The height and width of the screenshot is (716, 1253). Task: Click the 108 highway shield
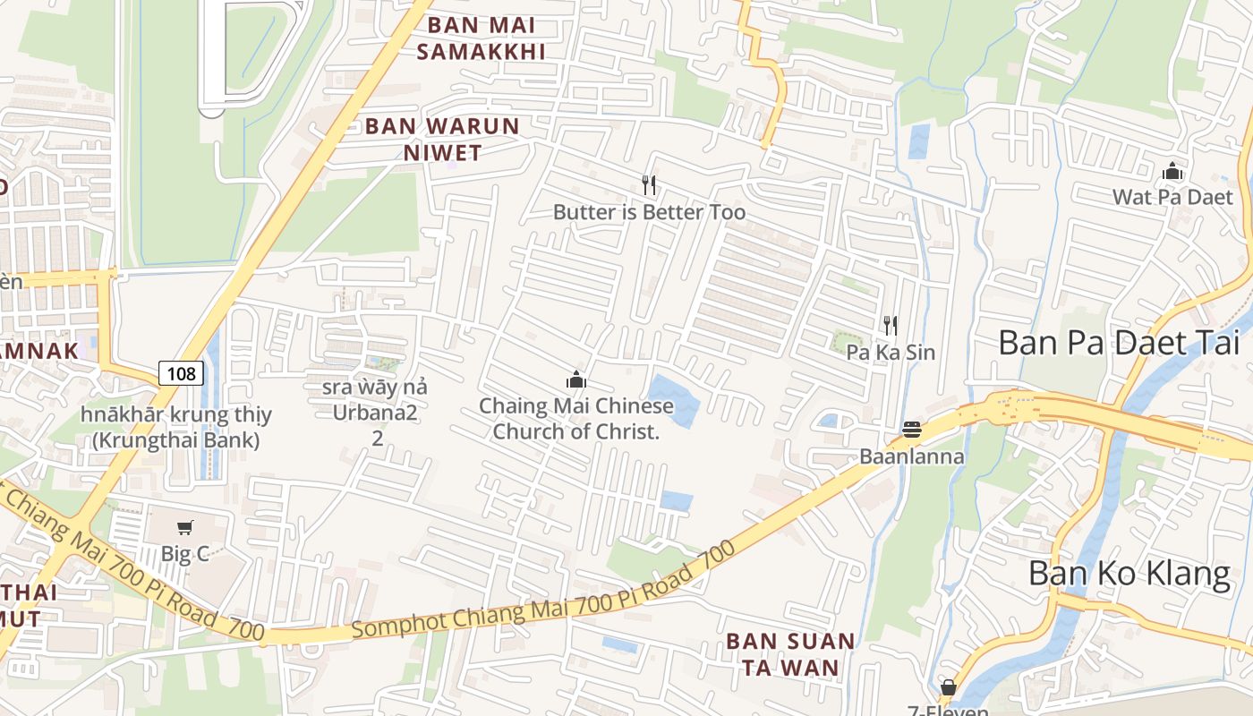[181, 373]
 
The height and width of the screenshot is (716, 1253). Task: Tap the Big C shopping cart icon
[185, 527]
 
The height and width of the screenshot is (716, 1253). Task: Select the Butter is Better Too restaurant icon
[650, 185]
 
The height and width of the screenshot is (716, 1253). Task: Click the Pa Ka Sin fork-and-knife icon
[890, 325]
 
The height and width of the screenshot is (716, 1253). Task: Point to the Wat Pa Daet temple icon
[1172, 171]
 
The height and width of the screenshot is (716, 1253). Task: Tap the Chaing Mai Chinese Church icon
[576, 379]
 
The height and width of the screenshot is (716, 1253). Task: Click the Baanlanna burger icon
[912, 430]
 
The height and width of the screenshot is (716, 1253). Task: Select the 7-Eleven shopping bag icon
[948, 687]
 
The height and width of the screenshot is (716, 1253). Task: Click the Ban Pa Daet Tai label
[1118, 342]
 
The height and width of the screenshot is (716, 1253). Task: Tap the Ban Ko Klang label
[1129, 573]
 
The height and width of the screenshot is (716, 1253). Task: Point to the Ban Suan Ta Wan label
[789, 654]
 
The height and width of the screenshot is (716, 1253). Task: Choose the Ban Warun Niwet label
[442, 139]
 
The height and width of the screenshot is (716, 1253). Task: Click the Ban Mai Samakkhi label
[482, 38]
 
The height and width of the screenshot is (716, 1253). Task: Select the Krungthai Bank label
[176, 428]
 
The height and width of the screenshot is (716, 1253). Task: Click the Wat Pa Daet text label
[1172, 197]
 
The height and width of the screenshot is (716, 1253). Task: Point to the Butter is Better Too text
[649, 212]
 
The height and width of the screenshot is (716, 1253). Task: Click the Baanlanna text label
[912, 456]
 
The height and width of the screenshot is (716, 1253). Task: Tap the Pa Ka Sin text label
[891, 352]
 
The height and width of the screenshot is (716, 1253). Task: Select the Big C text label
[185, 554]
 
